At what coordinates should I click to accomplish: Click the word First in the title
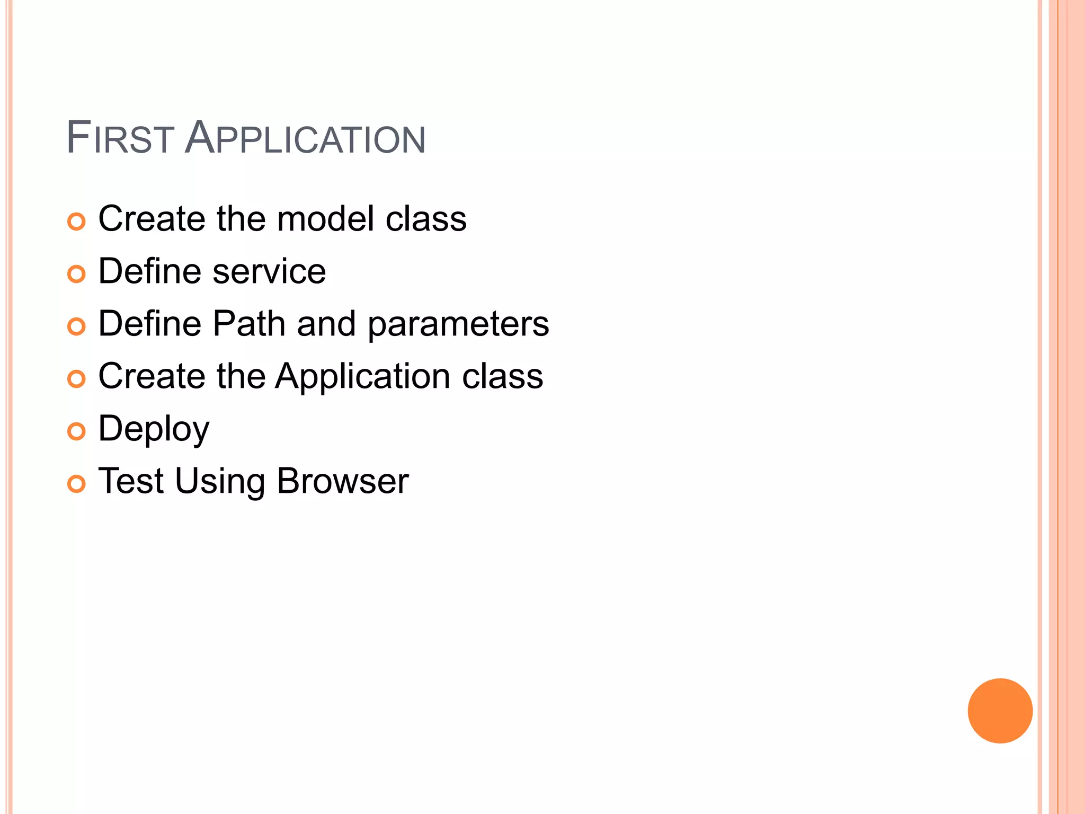[120, 138]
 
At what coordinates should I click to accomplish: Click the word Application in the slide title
[305, 138]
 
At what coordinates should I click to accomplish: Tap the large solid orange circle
[1000, 711]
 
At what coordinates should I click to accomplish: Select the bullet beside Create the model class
[76, 222]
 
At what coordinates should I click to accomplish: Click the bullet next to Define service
[76, 274]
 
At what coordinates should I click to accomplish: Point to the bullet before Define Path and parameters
[76, 326]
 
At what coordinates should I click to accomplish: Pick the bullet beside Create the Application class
[76, 379]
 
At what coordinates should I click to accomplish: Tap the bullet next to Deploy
[76, 431]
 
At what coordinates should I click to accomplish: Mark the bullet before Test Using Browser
[76, 484]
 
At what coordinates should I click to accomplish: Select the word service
[269, 271]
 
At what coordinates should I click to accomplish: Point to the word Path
[249, 323]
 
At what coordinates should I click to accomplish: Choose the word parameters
[458, 324]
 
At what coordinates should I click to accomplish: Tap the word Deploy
[154, 429]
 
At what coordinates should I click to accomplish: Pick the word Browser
[343, 481]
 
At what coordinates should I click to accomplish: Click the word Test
[131, 481]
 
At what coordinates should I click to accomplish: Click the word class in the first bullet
[426, 218]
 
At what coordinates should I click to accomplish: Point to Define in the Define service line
[150, 271]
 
